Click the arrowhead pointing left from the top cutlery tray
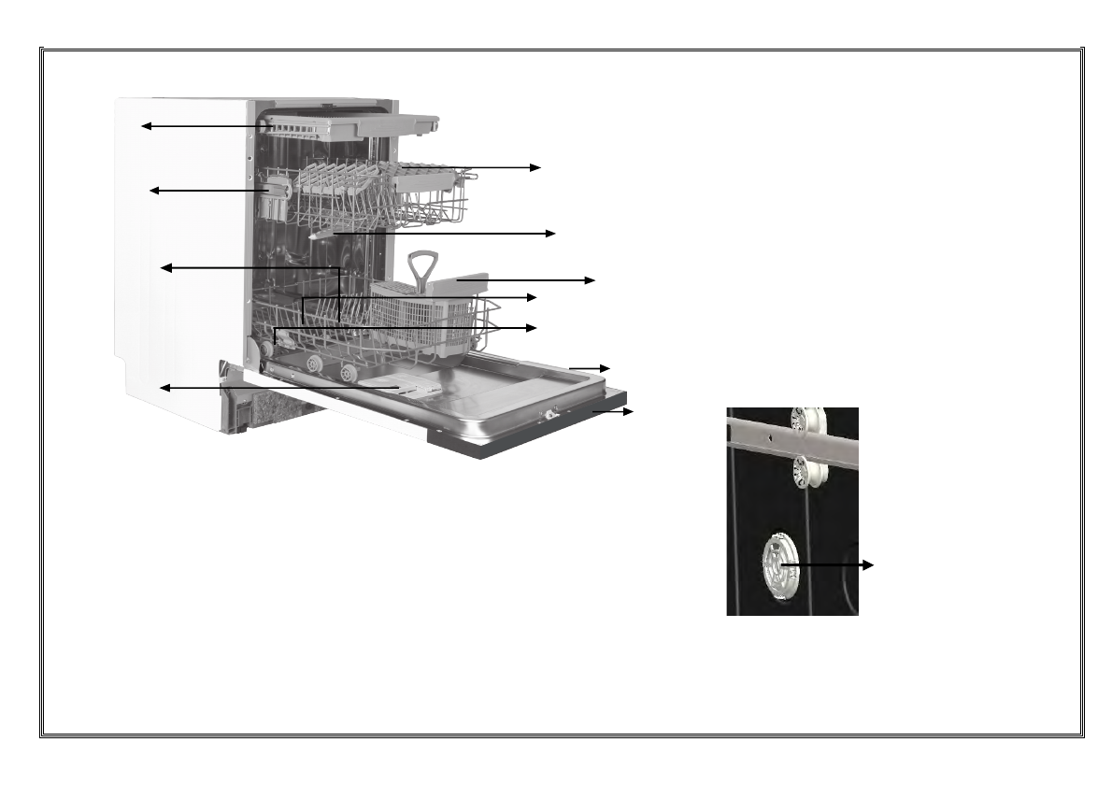(146, 125)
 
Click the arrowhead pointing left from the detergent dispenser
(164, 387)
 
